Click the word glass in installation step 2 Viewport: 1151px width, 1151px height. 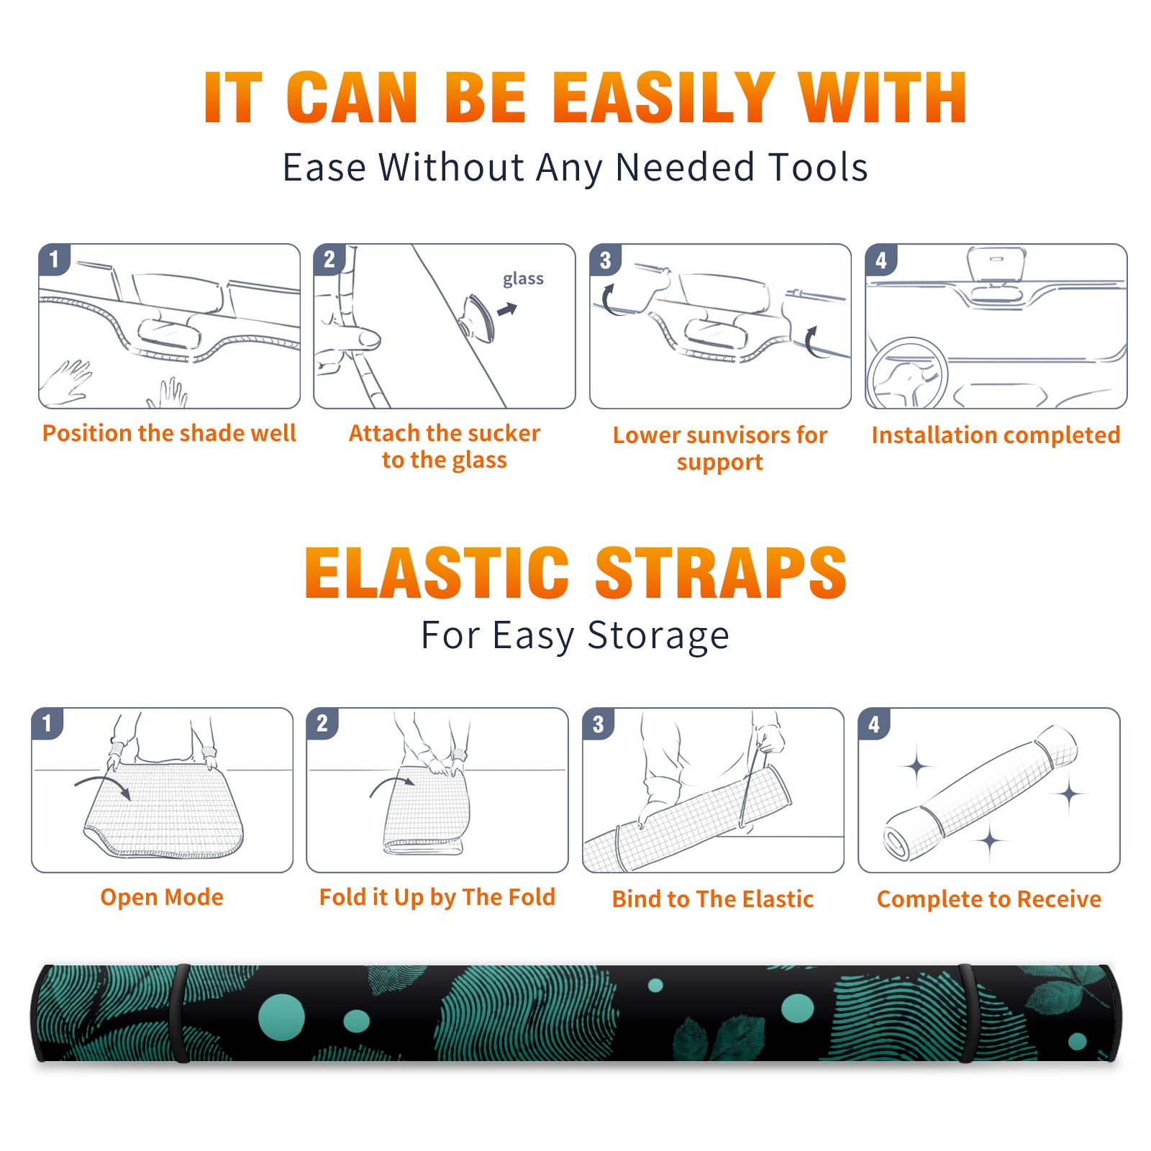(x=523, y=279)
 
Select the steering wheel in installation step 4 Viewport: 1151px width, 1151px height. (x=908, y=375)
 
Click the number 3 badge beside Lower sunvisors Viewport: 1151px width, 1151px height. (x=605, y=260)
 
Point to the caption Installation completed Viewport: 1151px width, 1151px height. (x=996, y=435)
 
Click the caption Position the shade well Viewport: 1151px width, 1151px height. (x=169, y=433)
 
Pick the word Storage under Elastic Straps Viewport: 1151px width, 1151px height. (x=658, y=636)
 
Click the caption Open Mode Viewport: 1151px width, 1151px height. (x=162, y=897)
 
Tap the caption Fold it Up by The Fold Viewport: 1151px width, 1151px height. (x=437, y=897)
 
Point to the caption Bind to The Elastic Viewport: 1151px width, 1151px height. (x=713, y=899)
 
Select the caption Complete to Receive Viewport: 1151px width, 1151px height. (x=989, y=899)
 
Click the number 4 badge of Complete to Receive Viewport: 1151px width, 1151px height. (x=873, y=724)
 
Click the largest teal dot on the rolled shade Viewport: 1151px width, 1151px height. (x=281, y=1017)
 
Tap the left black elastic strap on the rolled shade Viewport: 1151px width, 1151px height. (x=181, y=1014)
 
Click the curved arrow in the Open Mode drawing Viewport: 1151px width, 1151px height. (x=103, y=785)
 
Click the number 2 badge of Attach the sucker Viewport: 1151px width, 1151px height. (x=329, y=260)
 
